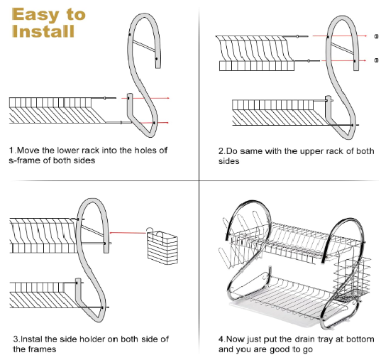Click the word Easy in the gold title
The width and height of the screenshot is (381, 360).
tap(35, 15)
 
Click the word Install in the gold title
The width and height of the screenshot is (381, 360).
tap(43, 31)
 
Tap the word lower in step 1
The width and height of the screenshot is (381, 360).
tap(68, 151)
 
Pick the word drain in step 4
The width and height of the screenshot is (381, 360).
tap(306, 339)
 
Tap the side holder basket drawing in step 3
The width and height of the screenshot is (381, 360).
tap(162, 246)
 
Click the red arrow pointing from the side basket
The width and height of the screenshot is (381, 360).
tap(128, 233)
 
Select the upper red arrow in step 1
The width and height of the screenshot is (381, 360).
tap(145, 98)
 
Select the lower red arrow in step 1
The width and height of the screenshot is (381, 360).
tap(155, 123)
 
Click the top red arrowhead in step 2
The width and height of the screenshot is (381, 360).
tap(365, 36)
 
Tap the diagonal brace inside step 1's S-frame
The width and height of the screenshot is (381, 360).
tap(144, 46)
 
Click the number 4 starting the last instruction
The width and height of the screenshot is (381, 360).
tap(221, 339)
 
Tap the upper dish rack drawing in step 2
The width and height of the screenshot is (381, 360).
tap(257, 53)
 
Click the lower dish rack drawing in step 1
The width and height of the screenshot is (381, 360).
tap(58, 110)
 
